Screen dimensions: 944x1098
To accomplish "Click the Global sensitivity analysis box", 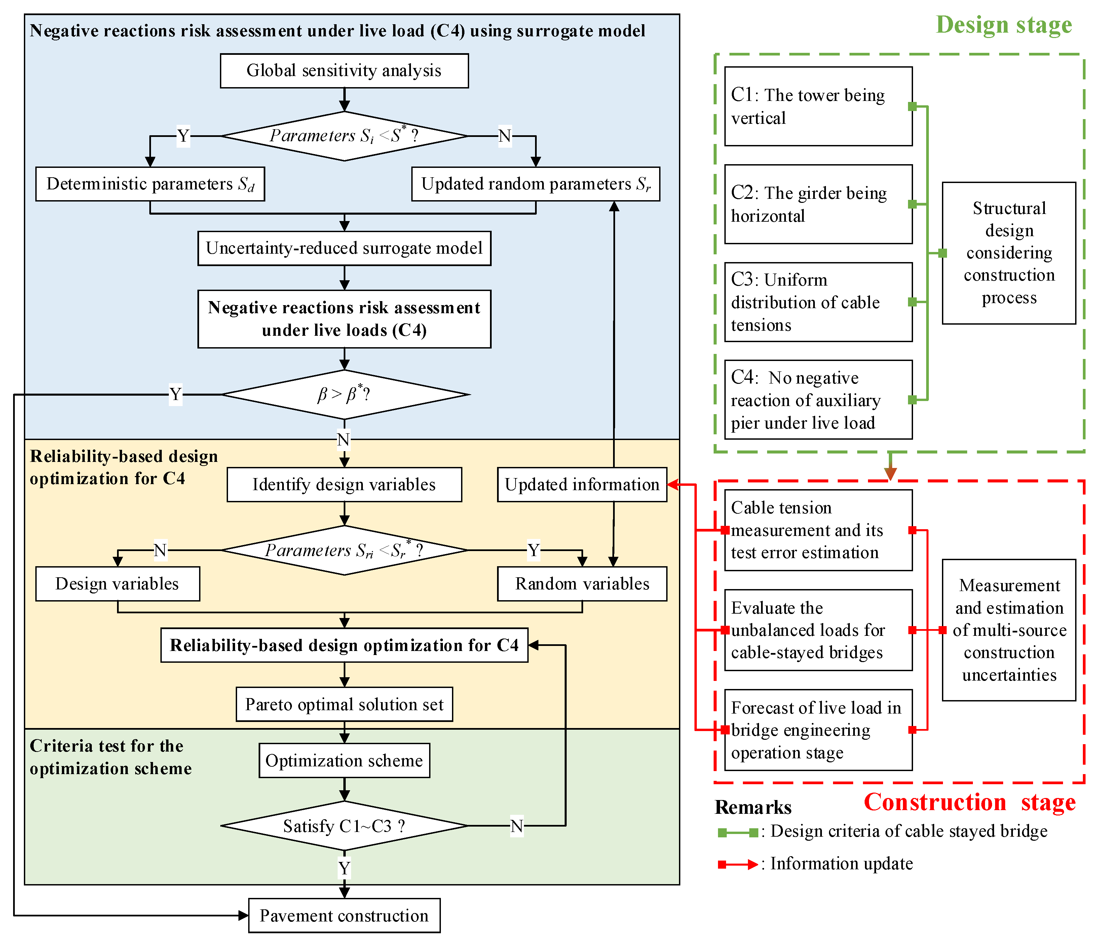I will pyautogui.click(x=344, y=71).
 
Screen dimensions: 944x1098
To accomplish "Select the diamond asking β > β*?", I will pyautogui.click(x=344, y=394).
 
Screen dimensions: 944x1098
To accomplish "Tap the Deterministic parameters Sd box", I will pyautogui.click(x=150, y=184).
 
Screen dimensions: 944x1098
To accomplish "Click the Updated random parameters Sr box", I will pyautogui.click(x=535, y=184).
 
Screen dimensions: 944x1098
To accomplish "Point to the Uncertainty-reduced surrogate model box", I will pyautogui.click(x=344, y=248).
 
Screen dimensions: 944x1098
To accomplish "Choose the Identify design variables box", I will pyautogui.click(x=344, y=484).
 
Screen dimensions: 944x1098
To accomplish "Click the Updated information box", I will pyautogui.click(x=581, y=484).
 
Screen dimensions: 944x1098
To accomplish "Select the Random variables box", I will pyautogui.click(x=581, y=584).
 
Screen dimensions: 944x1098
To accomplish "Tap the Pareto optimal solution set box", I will pyautogui.click(x=344, y=704).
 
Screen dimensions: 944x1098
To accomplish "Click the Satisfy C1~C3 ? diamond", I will pyautogui.click(x=344, y=826).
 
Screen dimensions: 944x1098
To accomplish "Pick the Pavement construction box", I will pyautogui.click(x=344, y=915).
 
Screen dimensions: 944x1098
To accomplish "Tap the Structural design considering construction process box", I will pyautogui.click(x=1009, y=253).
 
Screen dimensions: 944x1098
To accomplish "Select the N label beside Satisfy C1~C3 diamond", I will pyautogui.click(x=517, y=826).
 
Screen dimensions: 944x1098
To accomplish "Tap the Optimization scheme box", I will pyautogui.click(x=344, y=761).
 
